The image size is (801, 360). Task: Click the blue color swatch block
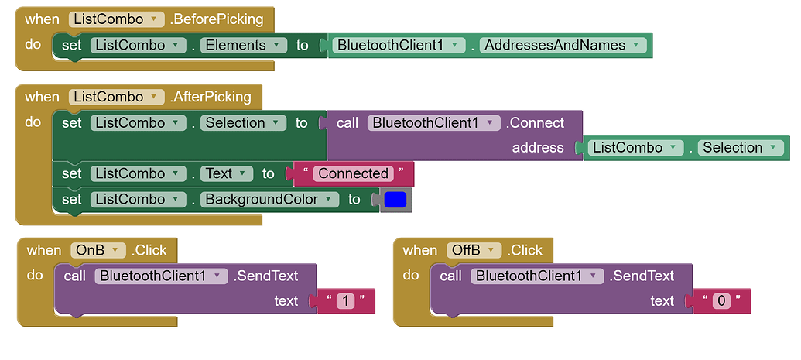[x=395, y=200]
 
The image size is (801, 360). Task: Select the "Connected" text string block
[x=353, y=174]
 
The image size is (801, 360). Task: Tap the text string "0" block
[x=721, y=301]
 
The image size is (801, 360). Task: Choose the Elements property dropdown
[x=243, y=46]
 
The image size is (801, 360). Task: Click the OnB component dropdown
[x=98, y=250]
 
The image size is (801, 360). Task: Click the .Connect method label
[x=535, y=123]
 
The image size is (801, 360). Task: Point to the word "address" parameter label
[x=538, y=148]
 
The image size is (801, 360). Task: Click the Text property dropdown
[x=226, y=174]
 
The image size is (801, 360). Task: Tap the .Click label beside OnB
[x=149, y=250]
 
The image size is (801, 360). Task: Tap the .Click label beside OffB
[x=525, y=250]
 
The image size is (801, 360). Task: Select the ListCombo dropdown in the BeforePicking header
[x=117, y=19]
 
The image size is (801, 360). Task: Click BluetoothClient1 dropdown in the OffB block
[x=539, y=276]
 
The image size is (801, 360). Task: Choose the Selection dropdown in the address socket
[x=739, y=148]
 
